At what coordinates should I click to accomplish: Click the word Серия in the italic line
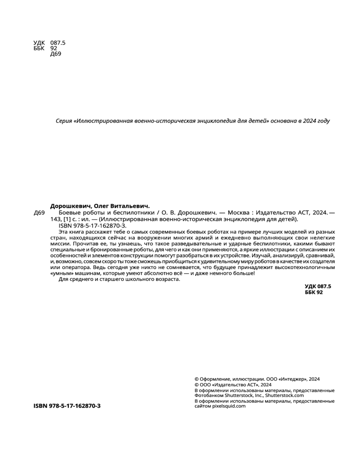pos(64,121)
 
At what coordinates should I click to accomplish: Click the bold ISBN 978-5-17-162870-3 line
pos(67,406)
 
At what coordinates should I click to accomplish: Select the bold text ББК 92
pos(314,292)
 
